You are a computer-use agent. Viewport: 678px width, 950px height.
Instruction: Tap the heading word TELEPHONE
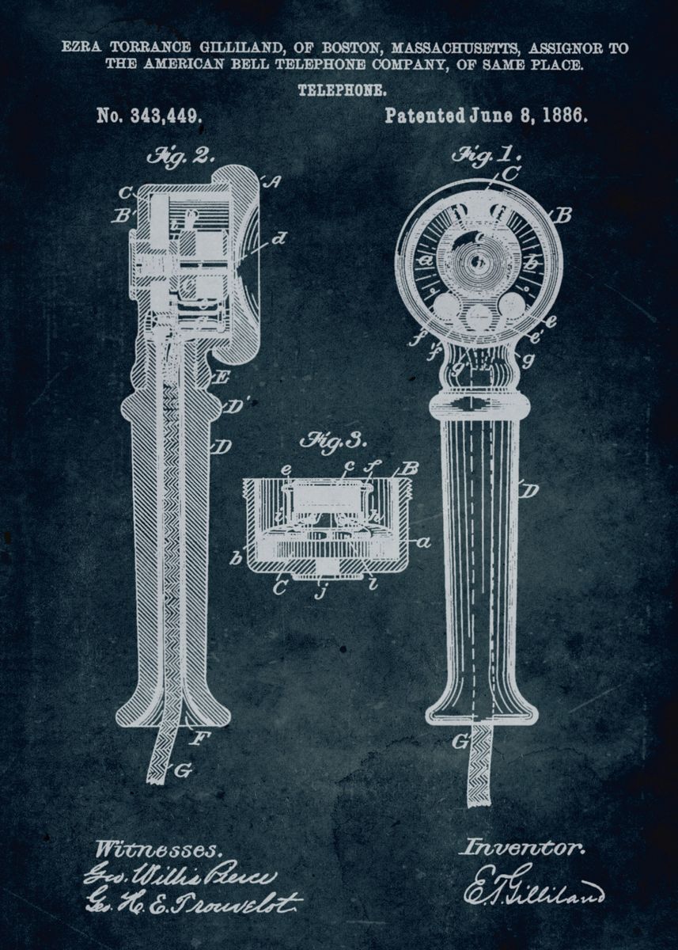(x=342, y=90)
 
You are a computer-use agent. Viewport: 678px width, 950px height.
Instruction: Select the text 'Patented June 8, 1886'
(x=486, y=116)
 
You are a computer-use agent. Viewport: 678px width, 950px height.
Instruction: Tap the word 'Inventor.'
(x=523, y=847)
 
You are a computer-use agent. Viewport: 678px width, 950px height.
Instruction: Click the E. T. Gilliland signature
(x=533, y=885)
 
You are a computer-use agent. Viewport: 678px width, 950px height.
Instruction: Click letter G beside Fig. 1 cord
(x=458, y=741)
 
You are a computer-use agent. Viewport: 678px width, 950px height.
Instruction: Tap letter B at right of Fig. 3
(x=408, y=469)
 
